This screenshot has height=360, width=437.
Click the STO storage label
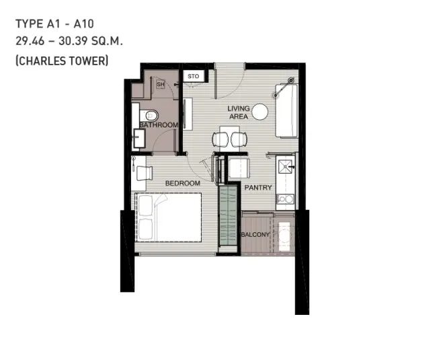[x=194, y=76]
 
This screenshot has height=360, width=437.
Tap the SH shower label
[x=160, y=84]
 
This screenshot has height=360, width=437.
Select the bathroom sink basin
[x=139, y=139]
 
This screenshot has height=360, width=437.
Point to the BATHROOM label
[x=159, y=124]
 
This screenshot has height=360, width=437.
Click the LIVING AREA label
[x=239, y=112]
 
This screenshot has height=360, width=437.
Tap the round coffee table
[x=260, y=112]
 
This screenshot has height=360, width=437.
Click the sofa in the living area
[x=286, y=111]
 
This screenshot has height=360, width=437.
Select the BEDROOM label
[x=183, y=183]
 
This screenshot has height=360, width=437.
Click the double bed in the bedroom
[x=168, y=217]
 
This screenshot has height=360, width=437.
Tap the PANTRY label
[x=258, y=187]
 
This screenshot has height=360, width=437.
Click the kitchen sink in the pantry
[x=285, y=166]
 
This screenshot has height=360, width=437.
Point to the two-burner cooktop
[x=285, y=199]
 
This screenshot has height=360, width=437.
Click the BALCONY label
[x=255, y=235]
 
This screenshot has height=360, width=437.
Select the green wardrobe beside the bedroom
[x=228, y=217]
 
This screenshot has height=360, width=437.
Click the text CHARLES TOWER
[x=62, y=61]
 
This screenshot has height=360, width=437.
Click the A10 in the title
[x=83, y=24]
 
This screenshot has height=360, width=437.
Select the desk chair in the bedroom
[x=144, y=173]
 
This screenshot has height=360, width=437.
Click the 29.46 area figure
[x=30, y=41]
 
